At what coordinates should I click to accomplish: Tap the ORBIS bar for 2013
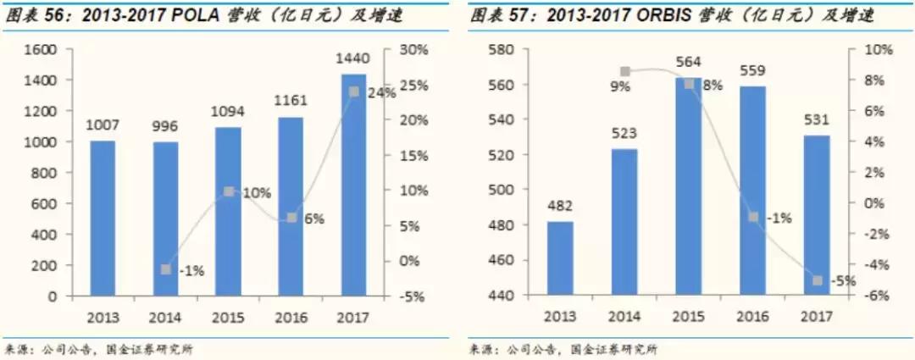(560, 258)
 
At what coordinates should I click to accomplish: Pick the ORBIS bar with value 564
(689, 186)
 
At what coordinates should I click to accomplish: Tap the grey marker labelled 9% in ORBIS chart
(625, 72)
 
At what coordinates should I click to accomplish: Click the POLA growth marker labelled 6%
(291, 218)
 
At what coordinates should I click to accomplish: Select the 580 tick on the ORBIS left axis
(503, 49)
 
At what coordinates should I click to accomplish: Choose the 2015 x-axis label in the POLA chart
(228, 318)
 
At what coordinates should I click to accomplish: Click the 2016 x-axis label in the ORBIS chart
(753, 318)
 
